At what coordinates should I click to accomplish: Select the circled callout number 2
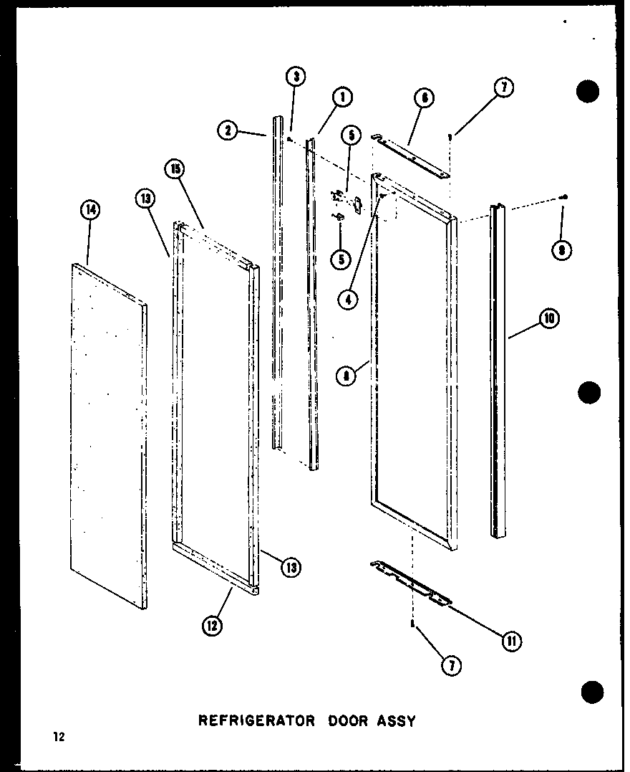pos(227,130)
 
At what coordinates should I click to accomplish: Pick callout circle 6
pos(425,98)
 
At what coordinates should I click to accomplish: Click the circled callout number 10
pos(549,320)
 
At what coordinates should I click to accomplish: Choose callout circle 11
pos(511,640)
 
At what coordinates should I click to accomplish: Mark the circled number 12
pos(211,626)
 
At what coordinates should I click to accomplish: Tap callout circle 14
pos(90,210)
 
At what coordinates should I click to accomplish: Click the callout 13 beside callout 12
pos(291,568)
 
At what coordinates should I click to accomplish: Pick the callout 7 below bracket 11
pos(451,666)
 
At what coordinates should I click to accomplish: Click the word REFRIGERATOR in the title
pos(256,720)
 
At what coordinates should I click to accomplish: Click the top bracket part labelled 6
pos(411,154)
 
